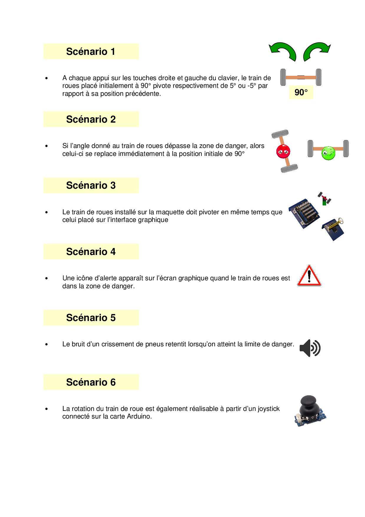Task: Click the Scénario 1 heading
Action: (x=91, y=52)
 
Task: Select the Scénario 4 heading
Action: (x=91, y=252)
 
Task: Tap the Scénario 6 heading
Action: (x=91, y=382)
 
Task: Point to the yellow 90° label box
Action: (x=301, y=93)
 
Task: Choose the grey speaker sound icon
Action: (x=310, y=348)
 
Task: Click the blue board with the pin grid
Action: (x=304, y=213)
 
